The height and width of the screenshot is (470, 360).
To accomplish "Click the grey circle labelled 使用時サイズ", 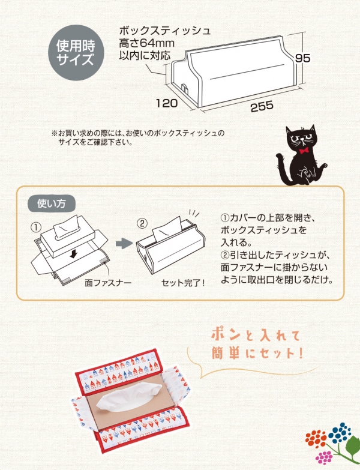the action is coord(76,53).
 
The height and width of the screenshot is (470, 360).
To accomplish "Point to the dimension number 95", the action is coord(302,58).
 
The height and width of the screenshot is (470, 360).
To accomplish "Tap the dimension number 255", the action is coord(262,106).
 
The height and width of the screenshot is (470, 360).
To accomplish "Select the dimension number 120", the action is coord(167,103).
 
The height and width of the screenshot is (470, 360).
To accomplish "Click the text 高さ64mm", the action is coord(146,43).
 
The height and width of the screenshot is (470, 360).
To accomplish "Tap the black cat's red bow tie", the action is coord(305,150).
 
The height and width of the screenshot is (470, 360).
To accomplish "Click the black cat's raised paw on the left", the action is coord(279,157).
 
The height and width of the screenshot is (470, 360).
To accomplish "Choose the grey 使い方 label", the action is coord(51,204).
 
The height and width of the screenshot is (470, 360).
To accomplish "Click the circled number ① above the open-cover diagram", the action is coord(36,227).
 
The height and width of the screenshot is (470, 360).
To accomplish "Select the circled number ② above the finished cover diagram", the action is coord(142,223).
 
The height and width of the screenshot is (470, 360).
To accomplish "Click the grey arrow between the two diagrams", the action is coord(124,243).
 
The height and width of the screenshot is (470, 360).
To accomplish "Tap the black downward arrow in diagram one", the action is coord(73,255).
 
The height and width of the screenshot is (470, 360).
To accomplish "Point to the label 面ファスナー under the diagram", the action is coord(108,282).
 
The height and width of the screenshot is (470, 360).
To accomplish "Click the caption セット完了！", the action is coord(183,282).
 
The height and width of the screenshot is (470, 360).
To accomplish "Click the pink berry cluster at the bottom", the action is coord(324,457).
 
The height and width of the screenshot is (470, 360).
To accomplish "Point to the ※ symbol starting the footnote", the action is coord(55,133).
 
